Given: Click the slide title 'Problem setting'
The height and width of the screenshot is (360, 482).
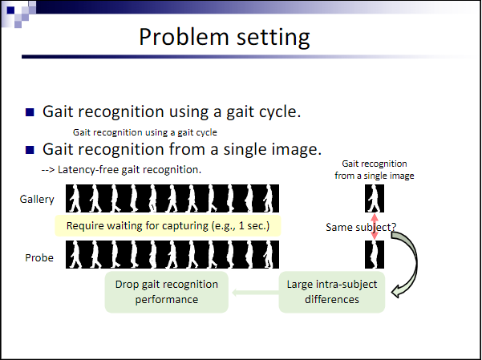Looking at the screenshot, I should (x=224, y=38).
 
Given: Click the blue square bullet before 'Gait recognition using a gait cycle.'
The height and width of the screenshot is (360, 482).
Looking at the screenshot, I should (x=30, y=111).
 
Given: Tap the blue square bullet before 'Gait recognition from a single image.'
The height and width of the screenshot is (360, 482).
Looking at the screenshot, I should (x=30, y=149).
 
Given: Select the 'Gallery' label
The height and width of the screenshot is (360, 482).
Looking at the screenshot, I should (x=37, y=198).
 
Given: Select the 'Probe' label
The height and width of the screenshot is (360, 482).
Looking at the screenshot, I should (x=41, y=257).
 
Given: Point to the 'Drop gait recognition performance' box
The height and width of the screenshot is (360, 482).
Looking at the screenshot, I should (x=167, y=292).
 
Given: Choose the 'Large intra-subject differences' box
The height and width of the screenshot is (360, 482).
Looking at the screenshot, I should (x=332, y=292).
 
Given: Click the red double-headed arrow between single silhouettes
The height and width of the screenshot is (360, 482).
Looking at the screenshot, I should (x=375, y=227).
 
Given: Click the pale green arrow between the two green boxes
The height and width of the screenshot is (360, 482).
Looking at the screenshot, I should (x=253, y=292).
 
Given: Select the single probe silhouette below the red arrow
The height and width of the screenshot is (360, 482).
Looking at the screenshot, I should (x=375, y=255).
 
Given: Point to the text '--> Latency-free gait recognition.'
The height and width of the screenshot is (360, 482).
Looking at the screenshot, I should (x=120, y=170).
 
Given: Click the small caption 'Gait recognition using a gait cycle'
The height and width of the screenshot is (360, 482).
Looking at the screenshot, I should (x=145, y=132).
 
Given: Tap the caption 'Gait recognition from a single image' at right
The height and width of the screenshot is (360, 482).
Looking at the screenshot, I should (x=375, y=169).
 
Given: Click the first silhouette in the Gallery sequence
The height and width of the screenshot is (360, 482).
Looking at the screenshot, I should (x=75, y=198).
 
